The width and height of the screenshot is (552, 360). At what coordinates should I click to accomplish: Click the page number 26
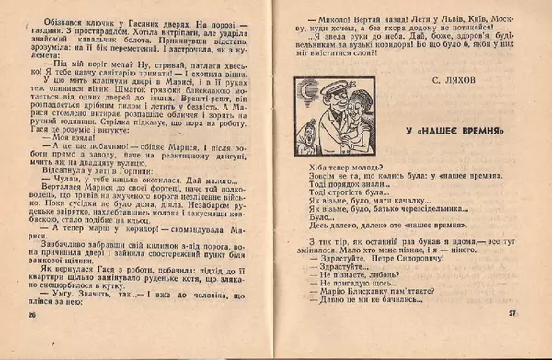click(x=32, y=341)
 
